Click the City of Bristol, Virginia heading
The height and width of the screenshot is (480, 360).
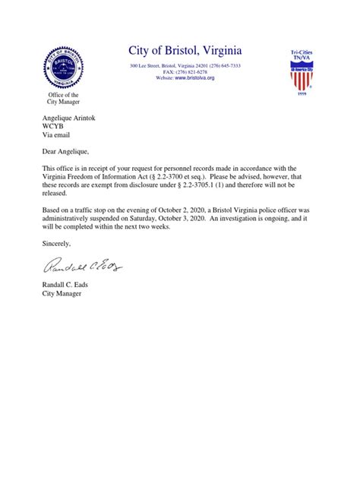[185, 51]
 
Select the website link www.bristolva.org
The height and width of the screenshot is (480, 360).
[195, 78]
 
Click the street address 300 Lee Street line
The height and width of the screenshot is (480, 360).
[185, 66]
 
